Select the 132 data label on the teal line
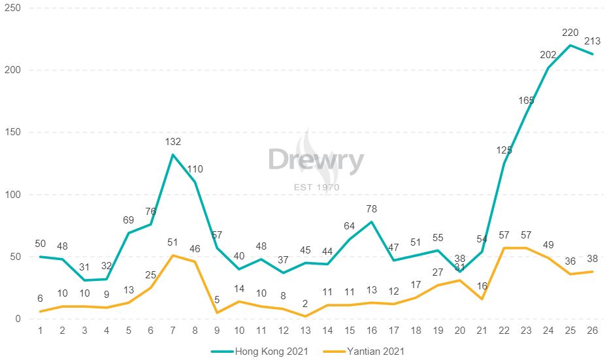(x=172, y=141)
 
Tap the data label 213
(x=593, y=41)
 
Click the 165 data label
(x=526, y=101)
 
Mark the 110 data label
(x=195, y=169)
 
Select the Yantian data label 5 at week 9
(x=218, y=300)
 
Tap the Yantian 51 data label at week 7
(x=172, y=242)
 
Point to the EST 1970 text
(x=316, y=188)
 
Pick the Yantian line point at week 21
(x=482, y=299)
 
